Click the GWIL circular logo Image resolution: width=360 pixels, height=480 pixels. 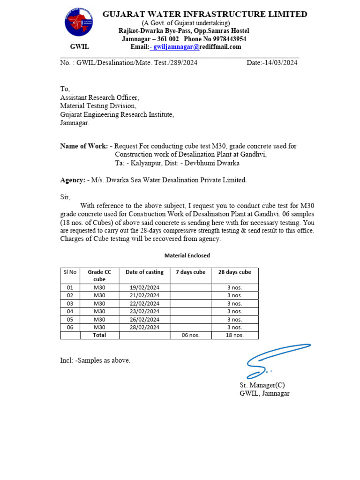click(x=79, y=22)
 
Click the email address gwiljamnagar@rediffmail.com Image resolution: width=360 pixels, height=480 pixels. click(x=197, y=47)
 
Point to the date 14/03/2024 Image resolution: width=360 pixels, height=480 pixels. click(x=280, y=63)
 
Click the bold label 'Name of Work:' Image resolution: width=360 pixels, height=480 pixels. click(x=84, y=146)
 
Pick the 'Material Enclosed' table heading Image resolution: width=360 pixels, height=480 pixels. click(x=187, y=255)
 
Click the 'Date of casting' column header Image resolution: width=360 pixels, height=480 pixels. click(x=144, y=272)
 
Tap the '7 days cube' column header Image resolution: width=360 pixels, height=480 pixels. click(x=190, y=272)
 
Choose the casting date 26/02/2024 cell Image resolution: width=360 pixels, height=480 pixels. click(x=144, y=319)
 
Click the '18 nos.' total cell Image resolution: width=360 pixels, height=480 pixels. click(x=234, y=335)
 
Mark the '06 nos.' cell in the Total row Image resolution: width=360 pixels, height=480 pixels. click(x=190, y=335)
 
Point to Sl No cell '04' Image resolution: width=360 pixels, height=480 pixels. click(x=70, y=311)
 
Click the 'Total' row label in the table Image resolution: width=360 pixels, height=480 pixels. click(x=99, y=335)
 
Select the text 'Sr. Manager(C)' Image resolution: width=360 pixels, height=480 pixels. click(x=262, y=385)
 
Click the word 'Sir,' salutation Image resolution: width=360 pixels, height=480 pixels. click(x=65, y=197)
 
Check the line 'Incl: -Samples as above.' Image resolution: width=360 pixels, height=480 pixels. click(x=95, y=360)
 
